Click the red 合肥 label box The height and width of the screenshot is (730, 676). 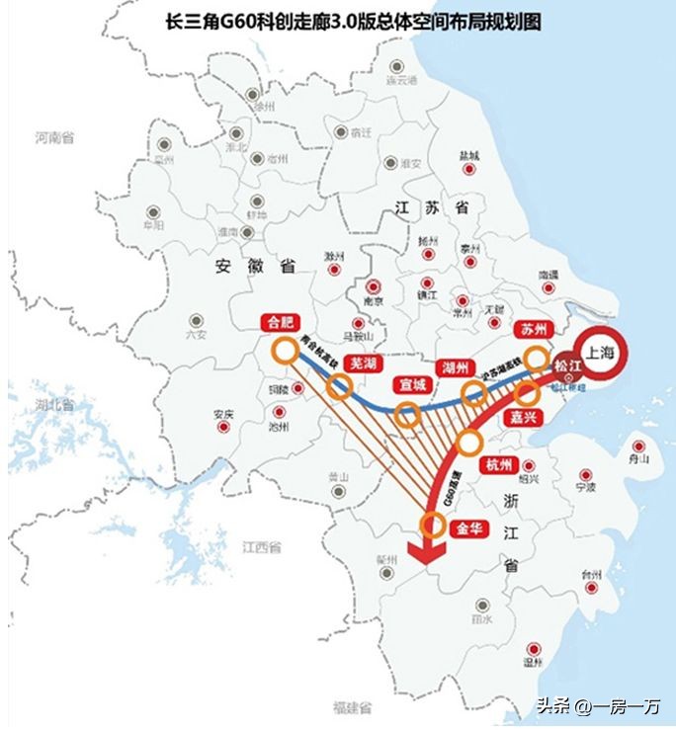[x=280, y=321]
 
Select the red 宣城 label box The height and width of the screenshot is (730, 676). [x=413, y=384]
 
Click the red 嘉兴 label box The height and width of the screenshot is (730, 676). [x=522, y=418]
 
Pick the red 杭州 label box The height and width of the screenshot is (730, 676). [x=498, y=464]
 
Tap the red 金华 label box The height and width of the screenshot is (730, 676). [x=467, y=528]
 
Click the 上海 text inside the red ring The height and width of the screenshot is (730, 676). [x=601, y=353]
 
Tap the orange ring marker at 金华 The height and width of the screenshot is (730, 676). [x=432, y=525]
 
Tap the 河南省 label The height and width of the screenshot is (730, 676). [x=53, y=138]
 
